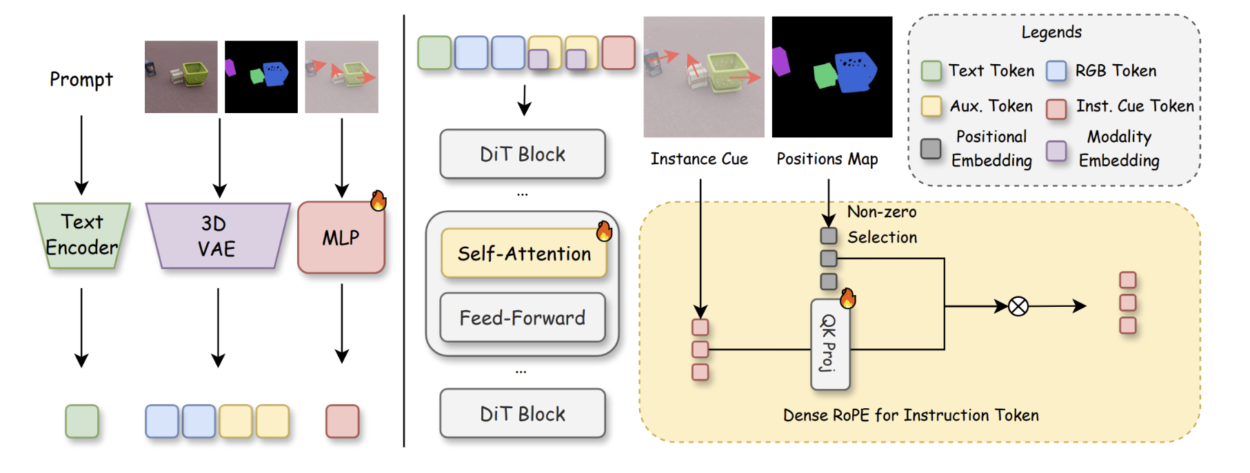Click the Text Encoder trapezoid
click(x=82, y=235)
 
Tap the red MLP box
click(x=341, y=238)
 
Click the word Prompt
click(x=81, y=79)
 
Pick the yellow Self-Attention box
click(x=523, y=254)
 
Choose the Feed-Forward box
click(x=523, y=318)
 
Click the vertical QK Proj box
click(x=829, y=344)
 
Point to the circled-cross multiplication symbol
click(x=1018, y=306)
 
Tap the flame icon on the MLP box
click(x=379, y=201)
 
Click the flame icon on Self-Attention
click(x=605, y=231)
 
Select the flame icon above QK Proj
click(x=847, y=298)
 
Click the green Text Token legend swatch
click(x=931, y=71)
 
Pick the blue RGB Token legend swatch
click(x=1056, y=71)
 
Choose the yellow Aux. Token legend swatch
click(x=931, y=106)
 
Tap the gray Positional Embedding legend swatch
click(x=931, y=148)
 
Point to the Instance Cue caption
click(x=699, y=159)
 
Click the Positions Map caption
click(x=827, y=159)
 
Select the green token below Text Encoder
click(x=82, y=421)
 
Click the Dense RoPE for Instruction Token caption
click(x=911, y=415)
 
